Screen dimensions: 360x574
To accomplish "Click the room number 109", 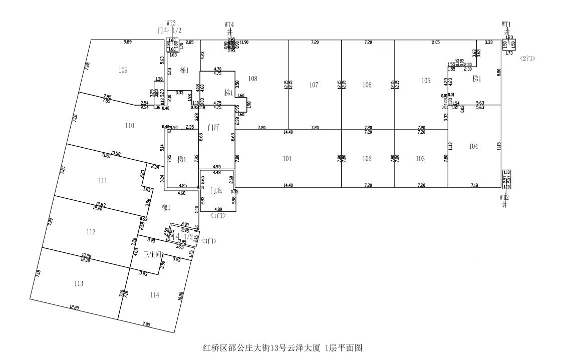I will [x=123, y=70].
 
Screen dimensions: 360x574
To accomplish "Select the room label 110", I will [x=130, y=126].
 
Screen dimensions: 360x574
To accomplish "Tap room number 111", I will [x=103, y=181].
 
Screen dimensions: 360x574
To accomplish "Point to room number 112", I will [x=91, y=232].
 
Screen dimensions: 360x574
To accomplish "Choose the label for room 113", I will [x=78, y=284].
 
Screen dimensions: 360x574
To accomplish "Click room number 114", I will [x=154, y=295].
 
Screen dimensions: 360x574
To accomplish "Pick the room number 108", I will [x=252, y=79].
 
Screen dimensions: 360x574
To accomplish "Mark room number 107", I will [x=314, y=85].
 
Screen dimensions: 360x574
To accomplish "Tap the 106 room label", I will [x=367, y=85].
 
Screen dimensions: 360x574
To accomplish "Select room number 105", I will [x=426, y=81].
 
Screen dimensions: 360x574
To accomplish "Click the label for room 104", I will [x=474, y=146].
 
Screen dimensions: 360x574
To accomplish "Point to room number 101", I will [x=287, y=159].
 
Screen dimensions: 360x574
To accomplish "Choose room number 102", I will [x=367, y=159].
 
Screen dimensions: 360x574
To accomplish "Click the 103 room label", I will [x=420, y=159].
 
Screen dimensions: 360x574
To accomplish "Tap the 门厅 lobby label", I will [x=215, y=128].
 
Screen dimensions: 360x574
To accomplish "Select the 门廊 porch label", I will [x=216, y=190].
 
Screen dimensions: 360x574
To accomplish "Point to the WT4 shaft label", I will [x=229, y=24].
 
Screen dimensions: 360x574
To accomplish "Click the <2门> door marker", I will [x=527, y=58].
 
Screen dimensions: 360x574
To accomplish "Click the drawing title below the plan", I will [x=282, y=347].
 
